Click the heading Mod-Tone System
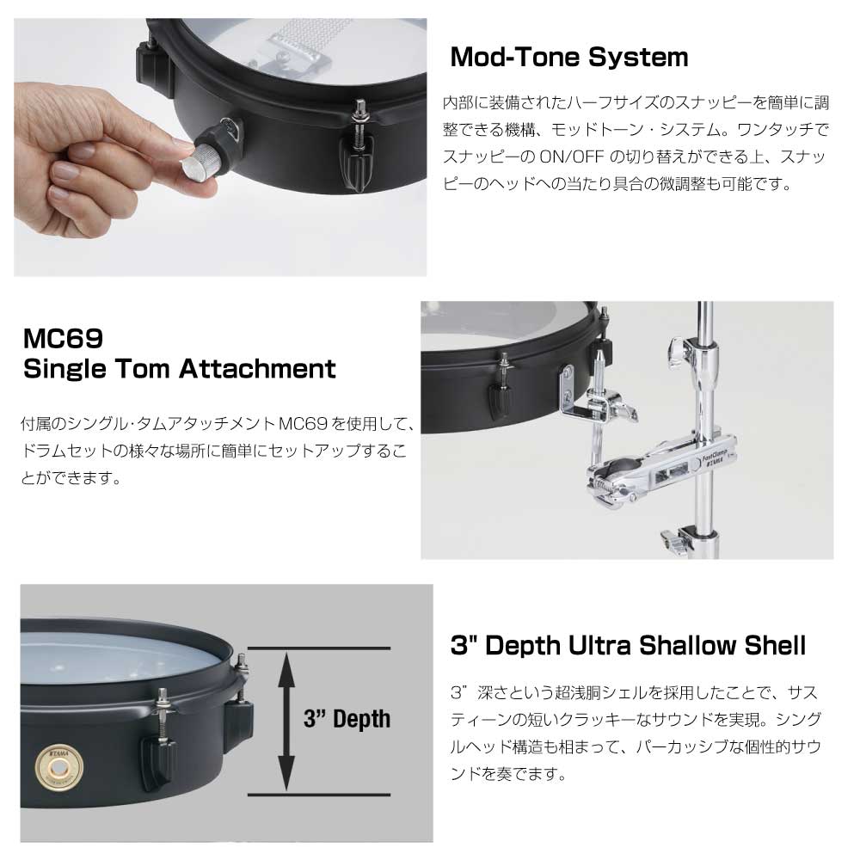pyautogui.click(x=568, y=57)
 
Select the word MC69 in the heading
pyautogui.click(x=63, y=338)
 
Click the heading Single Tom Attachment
pyautogui.click(x=180, y=369)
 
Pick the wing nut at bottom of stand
pyautogui.click(x=676, y=540)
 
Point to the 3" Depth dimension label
pyautogui.click(x=347, y=718)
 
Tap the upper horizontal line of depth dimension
pyautogui.click(x=319, y=648)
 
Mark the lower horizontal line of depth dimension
pyautogui.click(x=319, y=794)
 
